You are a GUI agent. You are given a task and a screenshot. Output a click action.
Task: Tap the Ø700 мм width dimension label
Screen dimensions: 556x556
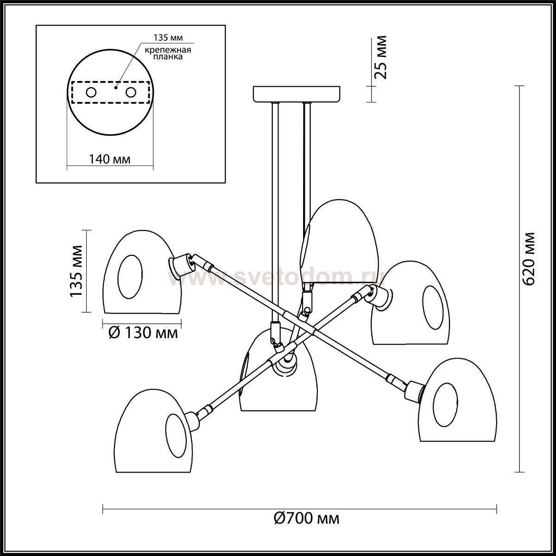tap(306, 518)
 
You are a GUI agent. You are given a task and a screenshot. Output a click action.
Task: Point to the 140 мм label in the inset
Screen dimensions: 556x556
tap(109, 159)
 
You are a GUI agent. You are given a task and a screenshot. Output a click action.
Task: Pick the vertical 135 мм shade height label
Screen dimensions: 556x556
tap(76, 271)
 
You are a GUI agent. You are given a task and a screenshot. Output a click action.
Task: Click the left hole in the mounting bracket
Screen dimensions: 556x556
tap(91, 92)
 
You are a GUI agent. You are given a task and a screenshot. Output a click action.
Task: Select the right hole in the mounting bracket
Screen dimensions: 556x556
tap(131, 92)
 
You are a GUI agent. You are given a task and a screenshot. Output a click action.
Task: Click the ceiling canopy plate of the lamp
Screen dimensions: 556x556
tap(297, 94)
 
